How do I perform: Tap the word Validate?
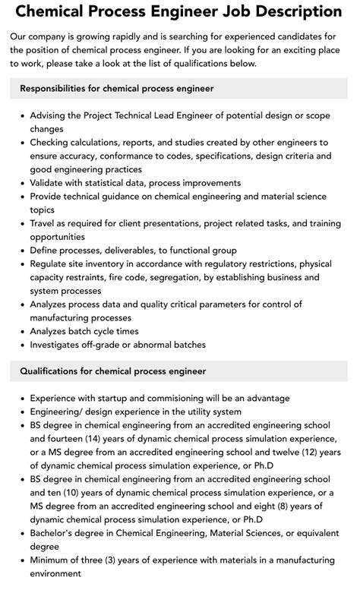(x=50, y=183)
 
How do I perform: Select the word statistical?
(x=121, y=183)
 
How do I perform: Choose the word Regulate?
(x=52, y=263)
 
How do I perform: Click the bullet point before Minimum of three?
(x=21, y=560)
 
